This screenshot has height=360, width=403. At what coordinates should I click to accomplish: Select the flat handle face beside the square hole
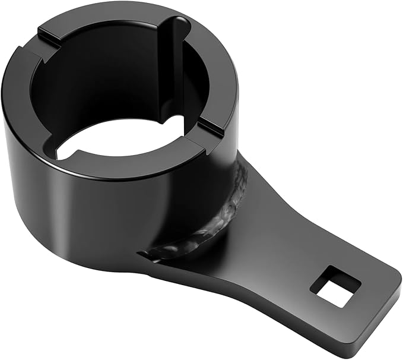coord(297,261)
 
